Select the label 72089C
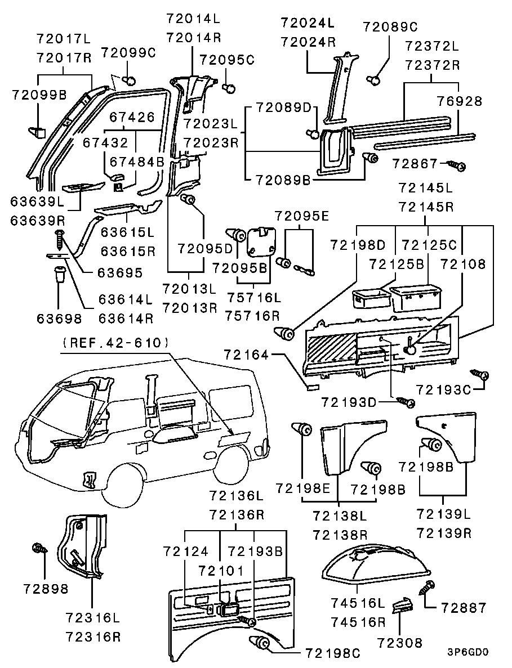click(x=390, y=26)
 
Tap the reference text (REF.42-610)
click(x=116, y=342)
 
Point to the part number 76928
click(x=460, y=101)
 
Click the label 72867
click(x=416, y=164)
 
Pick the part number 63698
click(x=59, y=319)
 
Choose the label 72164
click(x=246, y=355)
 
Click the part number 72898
click(x=45, y=589)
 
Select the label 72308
click(x=399, y=642)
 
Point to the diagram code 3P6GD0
click(x=468, y=653)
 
